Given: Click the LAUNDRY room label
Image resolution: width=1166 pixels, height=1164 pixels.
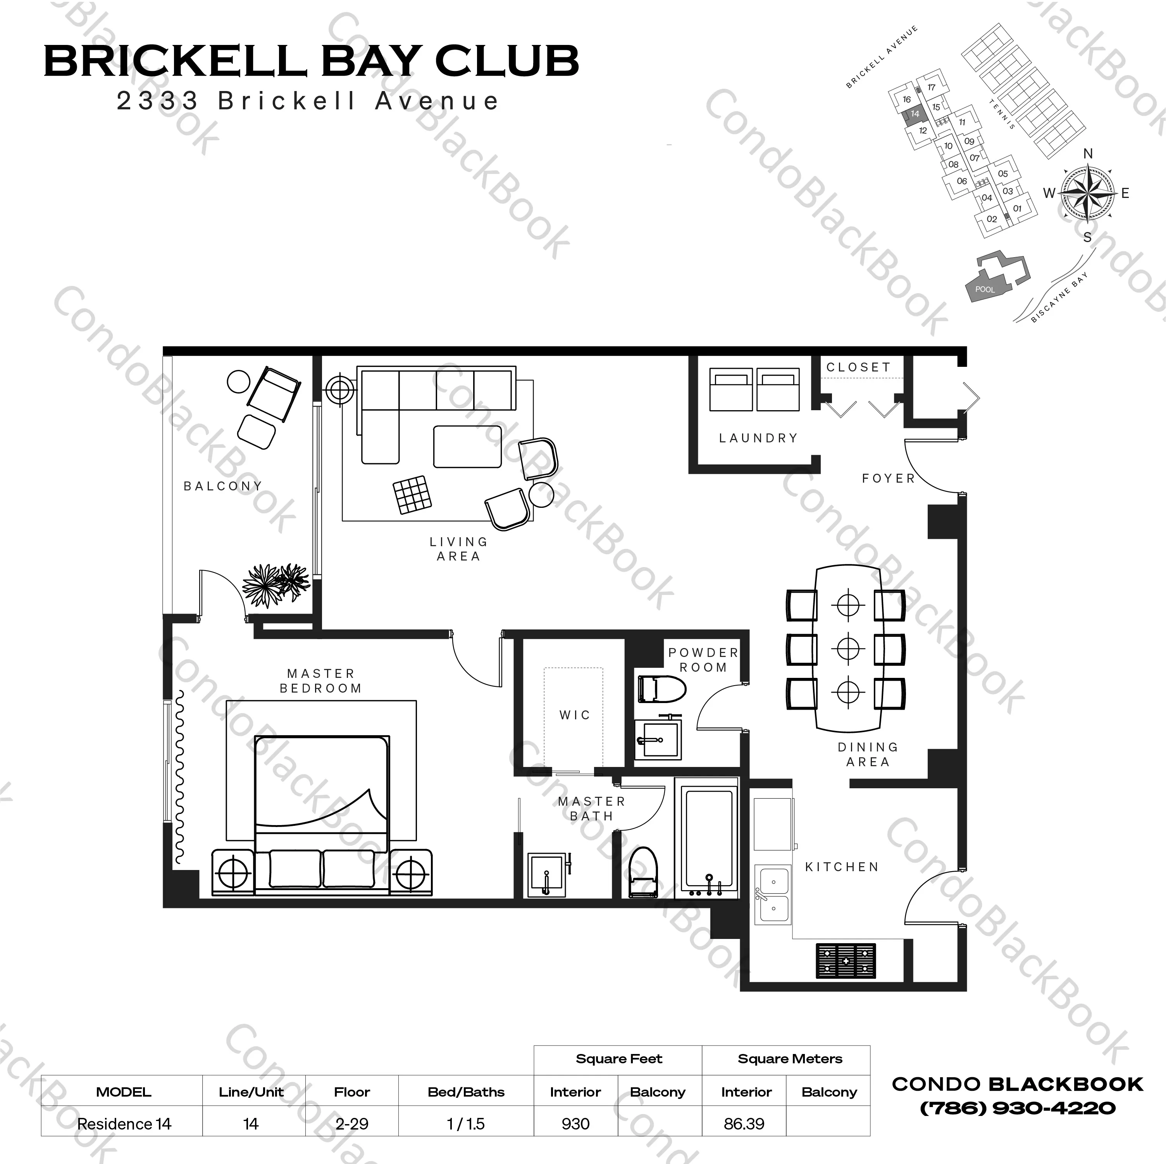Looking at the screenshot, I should (x=758, y=438).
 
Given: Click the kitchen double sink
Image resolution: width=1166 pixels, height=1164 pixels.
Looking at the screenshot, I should (x=773, y=895).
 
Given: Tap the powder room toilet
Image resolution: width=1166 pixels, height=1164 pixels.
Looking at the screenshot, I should (x=661, y=688).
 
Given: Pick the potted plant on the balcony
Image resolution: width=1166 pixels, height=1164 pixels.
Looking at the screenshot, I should (x=275, y=582).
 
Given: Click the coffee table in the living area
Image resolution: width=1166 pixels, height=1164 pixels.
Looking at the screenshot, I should (x=467, y=447).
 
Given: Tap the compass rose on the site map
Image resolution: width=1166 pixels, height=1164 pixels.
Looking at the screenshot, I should (x=1088, y=193).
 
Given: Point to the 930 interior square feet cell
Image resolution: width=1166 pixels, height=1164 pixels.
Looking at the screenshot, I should (x=575, y=1124).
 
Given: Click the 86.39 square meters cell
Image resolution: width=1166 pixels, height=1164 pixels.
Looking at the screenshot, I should (x=744, y=1124).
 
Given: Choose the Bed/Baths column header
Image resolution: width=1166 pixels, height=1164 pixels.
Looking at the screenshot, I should (x=466, y=1092).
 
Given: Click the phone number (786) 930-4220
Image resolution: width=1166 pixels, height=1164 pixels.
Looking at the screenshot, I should (x=1018, y=1108).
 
